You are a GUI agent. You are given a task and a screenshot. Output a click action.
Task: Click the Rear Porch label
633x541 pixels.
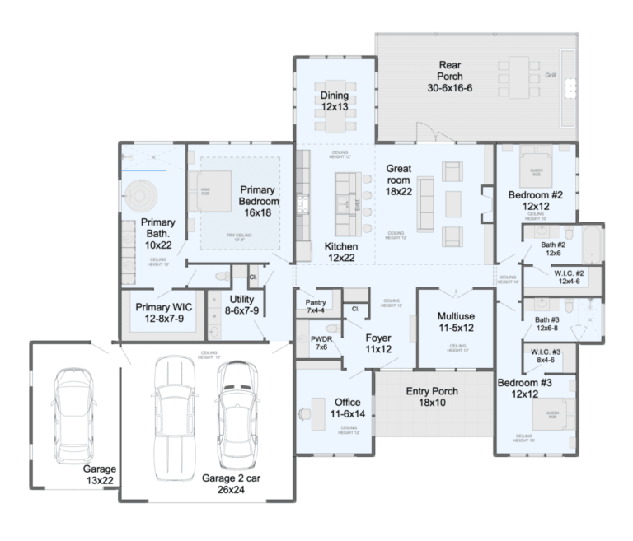(449, 77)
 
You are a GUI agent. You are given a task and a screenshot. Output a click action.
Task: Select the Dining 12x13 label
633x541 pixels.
(335, 101)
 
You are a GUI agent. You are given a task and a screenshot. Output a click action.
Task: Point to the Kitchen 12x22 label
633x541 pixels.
(341, 252)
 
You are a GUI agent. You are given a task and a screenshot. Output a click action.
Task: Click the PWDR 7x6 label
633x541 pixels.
(321, 343)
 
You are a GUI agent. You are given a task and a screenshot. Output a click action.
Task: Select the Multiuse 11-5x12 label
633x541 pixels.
(456, 322)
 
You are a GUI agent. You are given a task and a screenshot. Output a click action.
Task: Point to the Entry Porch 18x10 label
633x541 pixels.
(431, 397)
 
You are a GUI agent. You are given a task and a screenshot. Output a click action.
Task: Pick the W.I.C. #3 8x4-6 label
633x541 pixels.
(546, 355)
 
